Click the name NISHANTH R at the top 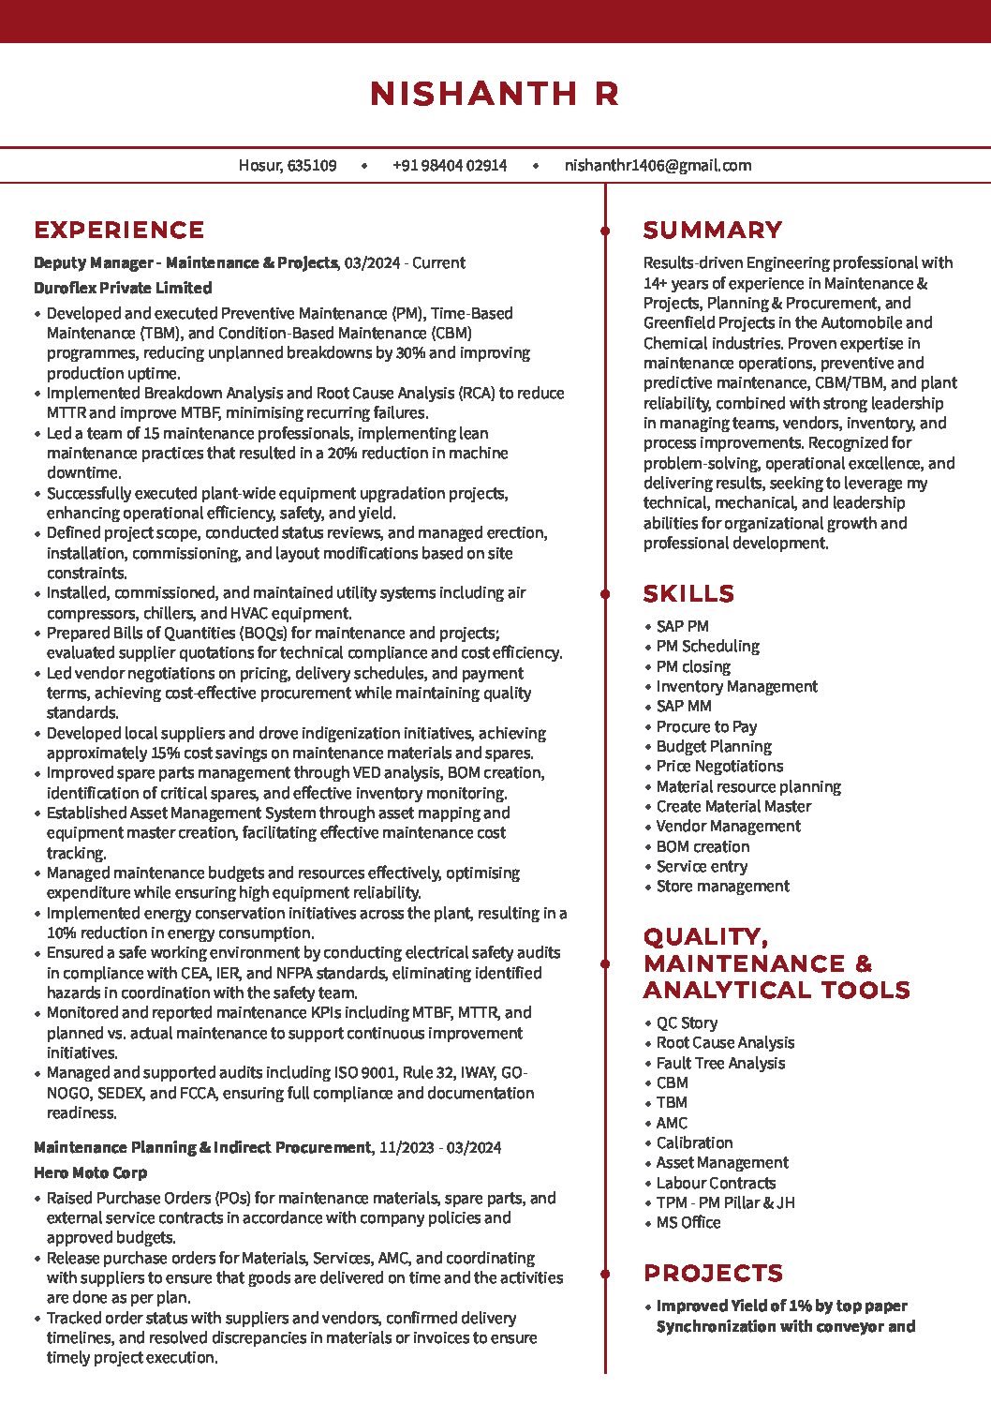[495, 94]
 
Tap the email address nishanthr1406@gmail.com [658, 166]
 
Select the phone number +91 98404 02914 [450, 166]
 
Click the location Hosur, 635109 [288, 166]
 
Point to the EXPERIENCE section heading [119, 231]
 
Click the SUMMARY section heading [713, 231]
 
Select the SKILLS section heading [688, 594]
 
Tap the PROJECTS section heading [713, 1274]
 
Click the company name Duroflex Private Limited [123, 288]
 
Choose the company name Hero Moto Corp [90, 1172]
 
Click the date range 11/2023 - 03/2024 [440, 1147]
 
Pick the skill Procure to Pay [706, 726]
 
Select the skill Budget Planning [714, 746]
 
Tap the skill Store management [722, 886]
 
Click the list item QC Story [687, 1022]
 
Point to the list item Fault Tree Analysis [720, 1063]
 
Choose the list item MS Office [688, 1222]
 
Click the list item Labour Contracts [716, 1183]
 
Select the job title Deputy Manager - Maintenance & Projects [185, 263]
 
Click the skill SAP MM [684, 706]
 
